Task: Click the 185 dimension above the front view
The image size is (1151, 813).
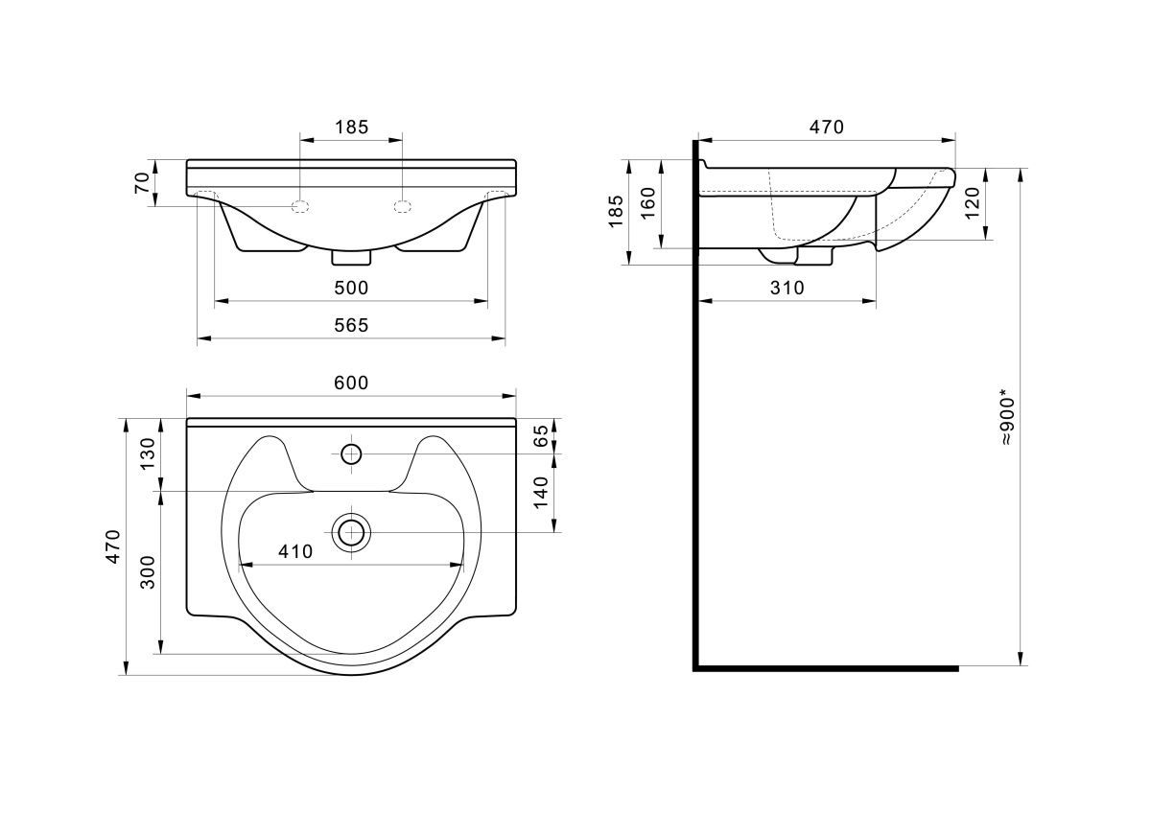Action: (351, 127)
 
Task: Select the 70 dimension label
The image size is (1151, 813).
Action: (142, 183)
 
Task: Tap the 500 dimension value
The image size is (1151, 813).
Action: (351, 288)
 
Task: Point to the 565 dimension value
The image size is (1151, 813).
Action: (351, 325)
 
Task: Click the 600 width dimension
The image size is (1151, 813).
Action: (351, 383)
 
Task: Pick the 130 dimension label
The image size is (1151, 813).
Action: (148, 453)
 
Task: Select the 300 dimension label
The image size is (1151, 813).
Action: (148, 572)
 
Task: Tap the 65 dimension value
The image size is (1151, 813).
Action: (541, 436)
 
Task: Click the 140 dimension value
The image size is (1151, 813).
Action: (541, 493)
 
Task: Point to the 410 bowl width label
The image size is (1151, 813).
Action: (295, 551)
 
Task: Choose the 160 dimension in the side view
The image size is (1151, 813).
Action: (648, 203)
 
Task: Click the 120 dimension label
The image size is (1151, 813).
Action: (972, 203)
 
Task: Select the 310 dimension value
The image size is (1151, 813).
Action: (787, 288)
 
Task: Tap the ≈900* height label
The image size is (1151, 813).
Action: (1008, 421)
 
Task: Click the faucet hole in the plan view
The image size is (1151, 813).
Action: (351, 454)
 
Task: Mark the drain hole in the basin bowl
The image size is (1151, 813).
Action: (351, 533)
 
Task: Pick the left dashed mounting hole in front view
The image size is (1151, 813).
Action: (299, 207)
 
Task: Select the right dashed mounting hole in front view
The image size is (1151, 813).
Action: (402, 207)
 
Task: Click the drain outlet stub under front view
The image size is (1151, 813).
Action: (351, 258)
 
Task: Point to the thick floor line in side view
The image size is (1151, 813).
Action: (826, 668)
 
